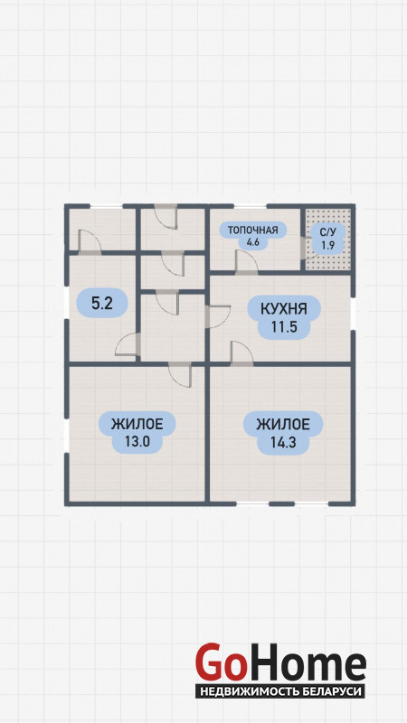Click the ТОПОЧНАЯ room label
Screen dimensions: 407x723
pos(253,230)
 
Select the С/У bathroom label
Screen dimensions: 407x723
pos(328,232)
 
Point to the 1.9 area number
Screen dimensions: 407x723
pos(328,245)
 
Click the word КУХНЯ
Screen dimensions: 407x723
pos(284,308)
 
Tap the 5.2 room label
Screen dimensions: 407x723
pos(102,303)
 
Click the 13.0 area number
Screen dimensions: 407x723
pos(137,441)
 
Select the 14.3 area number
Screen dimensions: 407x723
pos(282,442)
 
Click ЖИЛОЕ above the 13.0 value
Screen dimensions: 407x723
pos(137,423)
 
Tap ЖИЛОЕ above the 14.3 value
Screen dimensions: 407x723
pos(283,423)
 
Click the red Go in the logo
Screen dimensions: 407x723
pos(219,663)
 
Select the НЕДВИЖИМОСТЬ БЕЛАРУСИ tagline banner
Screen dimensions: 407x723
pos(280,691)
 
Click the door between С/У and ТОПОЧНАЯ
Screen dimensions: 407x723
pos(304,247)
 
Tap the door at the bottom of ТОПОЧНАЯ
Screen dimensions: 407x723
pos(246,263)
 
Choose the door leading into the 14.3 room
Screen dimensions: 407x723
pos(241,354)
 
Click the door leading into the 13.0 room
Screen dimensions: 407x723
pos(180,373)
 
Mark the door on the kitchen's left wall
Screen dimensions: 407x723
pos(217,317)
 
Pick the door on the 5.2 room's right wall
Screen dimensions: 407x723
pos(128,344)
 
